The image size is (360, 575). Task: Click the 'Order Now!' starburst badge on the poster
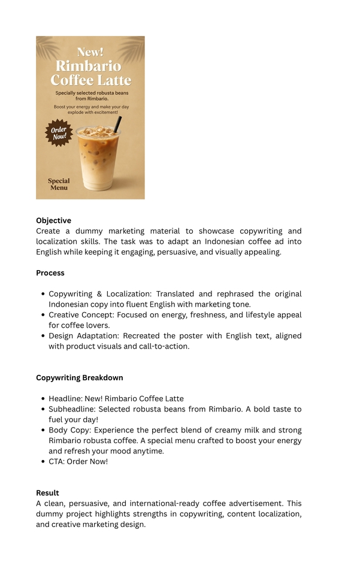click(x=59, y=133)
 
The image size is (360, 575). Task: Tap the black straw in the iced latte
click(x=117, y=125)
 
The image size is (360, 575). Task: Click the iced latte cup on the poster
click(x=98, y=159)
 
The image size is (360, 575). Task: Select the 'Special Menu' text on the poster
click(x=59, y=184)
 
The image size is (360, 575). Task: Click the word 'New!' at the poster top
click(x=90, y=52)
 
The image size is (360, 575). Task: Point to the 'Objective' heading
click(x=53, y=220)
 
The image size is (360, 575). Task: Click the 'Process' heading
click(x=50, y=273)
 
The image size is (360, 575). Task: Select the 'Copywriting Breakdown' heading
click(x=80, y=377)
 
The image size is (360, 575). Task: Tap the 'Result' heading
click(x=47, y=493)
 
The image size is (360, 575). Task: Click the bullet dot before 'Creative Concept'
click(x=44, y=315)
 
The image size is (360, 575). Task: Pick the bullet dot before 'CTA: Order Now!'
click(x=44, y=462)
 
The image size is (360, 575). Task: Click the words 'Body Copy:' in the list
click(x=70, y=430)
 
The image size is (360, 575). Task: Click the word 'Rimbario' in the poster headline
click(x=88, y=66)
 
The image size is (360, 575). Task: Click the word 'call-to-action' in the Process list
click(x=162, y=346)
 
